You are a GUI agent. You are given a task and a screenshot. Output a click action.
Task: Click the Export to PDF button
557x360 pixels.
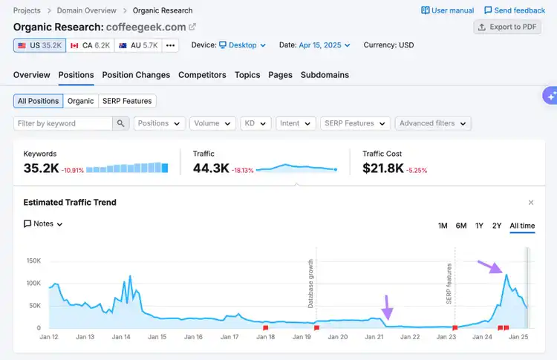click(x=507, y=27)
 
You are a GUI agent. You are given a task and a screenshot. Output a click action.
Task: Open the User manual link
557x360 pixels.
click(x=448, y=10)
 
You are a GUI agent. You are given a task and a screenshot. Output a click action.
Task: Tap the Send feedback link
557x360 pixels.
click(x=515, y=10)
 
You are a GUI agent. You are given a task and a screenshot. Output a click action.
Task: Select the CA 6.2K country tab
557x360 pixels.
click(x=90, y=45)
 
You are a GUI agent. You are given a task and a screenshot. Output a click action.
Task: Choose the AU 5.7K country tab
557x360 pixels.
click(x=138, y=45)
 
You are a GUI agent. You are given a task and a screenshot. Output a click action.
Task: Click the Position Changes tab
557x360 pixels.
click(x=136, y=75)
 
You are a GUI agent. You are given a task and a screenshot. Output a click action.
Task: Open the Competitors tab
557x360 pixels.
click(x=202, y=75)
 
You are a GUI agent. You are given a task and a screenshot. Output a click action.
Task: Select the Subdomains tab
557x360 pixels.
click(x=325, y=75)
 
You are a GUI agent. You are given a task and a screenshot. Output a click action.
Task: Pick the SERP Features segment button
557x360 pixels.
click(x=127, y=101)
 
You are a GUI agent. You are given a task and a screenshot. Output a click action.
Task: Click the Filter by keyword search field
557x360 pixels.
click(x=63, y=123)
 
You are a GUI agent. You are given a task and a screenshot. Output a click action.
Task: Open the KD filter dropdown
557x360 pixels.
click(x=255, y=123)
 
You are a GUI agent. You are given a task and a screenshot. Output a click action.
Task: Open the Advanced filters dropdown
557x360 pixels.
click(x=433, y=123)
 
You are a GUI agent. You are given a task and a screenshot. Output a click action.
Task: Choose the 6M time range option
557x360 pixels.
click(x=461, y=226)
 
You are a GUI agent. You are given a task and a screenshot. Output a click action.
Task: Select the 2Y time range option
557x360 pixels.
click(x=497, y=226)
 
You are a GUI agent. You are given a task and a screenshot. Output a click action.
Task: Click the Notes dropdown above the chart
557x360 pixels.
click(x=43, y=224)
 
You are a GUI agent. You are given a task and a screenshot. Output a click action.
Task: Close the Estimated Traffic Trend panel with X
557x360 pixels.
click(x=531, y=203)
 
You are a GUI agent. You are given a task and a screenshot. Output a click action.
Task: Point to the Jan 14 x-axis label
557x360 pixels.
click(x=121, y=337)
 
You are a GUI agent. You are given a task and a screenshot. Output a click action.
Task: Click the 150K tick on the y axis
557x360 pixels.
click(x=33, y=261)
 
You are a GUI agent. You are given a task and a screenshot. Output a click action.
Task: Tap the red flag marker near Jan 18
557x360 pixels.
click(x=265, y=327)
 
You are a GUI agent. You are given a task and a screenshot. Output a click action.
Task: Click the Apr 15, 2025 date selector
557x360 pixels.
click(x=325, y=45)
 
